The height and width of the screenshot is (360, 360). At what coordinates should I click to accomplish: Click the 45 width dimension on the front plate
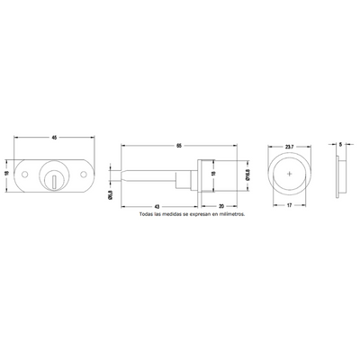tap(55, 137)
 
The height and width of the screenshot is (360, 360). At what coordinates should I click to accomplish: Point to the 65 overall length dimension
tap(180, 144)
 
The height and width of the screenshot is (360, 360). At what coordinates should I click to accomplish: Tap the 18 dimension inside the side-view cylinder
tap(213, 176)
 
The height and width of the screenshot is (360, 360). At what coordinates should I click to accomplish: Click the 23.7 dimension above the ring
tap(288, 144)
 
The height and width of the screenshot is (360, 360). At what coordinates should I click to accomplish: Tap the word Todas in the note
tap(148, 216)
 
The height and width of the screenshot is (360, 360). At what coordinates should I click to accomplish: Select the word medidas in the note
tap(175, 216)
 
